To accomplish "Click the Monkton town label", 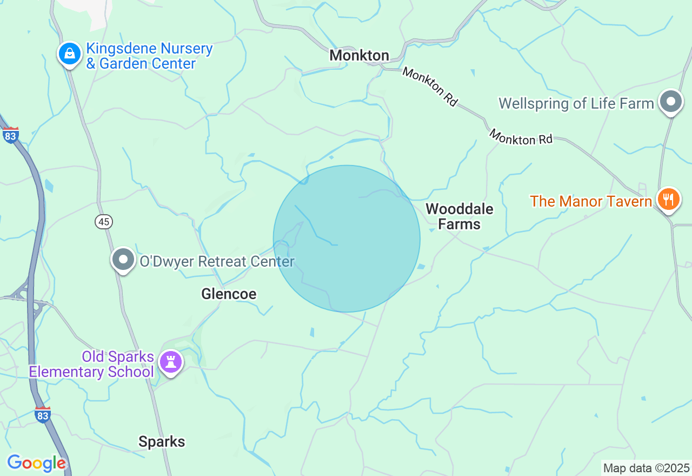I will coord(359,55).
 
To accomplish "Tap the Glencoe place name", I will coord(229,294).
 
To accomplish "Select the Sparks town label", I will coord(162,441).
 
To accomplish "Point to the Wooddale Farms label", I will coord(459,216).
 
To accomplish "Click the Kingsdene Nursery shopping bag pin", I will coord(70,54).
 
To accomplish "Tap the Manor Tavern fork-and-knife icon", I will coord(668,200).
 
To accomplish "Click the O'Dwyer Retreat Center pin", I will coord(123,260).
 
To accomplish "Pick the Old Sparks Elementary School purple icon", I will coord(171,361).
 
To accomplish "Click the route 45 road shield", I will coord(104,221).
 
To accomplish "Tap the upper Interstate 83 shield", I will coord(10,135).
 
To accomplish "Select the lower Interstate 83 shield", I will coord(43,415).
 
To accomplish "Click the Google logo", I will coord(36,463).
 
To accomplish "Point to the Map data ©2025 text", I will coord(647,468).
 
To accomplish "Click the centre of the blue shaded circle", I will coord(347,239).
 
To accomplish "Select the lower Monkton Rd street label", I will coord(521,137).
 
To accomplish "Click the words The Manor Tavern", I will coord(591,201).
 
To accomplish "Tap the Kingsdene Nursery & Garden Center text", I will coord(149,56).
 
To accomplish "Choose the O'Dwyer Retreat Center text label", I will coord(217,262).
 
